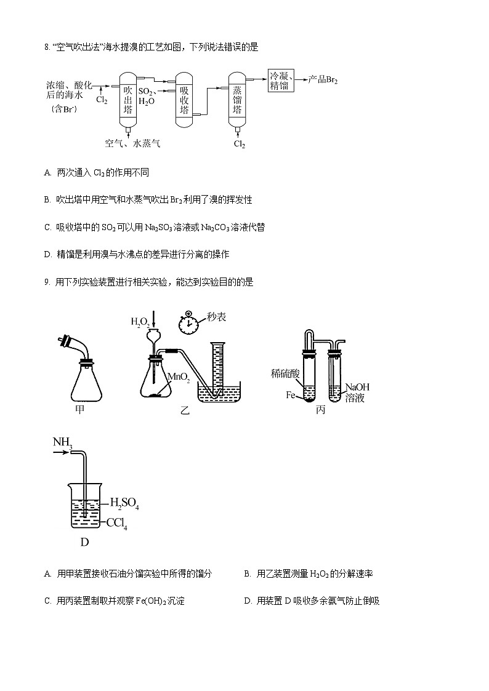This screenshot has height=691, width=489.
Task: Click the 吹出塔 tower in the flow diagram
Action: pyautogui.click(x=127, y=100)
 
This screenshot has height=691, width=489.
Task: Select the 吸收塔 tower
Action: pyautogui.click(x=184, y=100)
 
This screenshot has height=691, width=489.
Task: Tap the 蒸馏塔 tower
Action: pyautogui.click(x=237, y=100)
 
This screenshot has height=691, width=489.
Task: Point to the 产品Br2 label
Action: pyautogui.click(x=323, y=80)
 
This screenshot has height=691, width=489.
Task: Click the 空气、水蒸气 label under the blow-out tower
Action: pyautogui.click(x=132, y=143)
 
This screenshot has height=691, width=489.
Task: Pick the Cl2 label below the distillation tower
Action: pyautogui.click(x=239, y=144)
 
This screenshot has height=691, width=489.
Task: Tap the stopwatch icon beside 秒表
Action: pyautogui.click(x=188, y=321)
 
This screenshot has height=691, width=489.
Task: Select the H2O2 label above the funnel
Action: pyautogui.click(x=140, y=321)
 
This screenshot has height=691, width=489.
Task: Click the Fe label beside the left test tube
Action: pyautogui.click(x=291, y=395)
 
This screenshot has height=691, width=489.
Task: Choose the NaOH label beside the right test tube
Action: pyautogui.click(x=357, y=387)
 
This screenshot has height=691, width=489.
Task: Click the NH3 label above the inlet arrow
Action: pyautogui.click(x=63, y=442)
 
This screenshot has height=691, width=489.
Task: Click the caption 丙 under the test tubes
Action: pyautogui.click(x=320, y=410)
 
